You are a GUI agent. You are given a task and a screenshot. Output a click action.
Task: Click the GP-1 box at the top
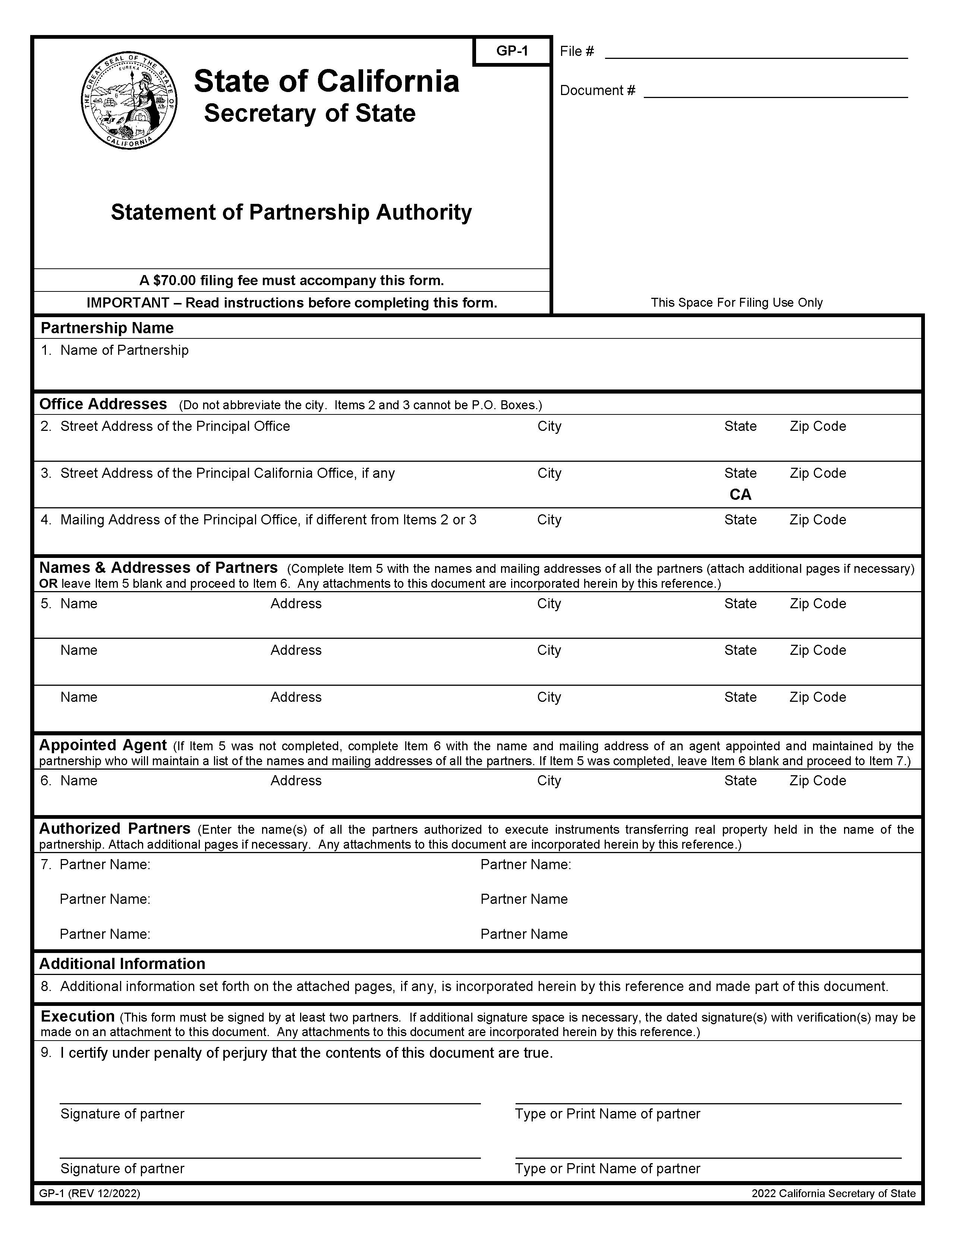coord(511,51)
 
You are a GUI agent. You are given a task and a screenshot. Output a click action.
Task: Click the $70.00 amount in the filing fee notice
coord(174,280)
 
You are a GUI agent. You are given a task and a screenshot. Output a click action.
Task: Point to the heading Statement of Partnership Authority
coord(291,212)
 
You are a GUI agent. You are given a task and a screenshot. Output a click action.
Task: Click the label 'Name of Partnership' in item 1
coord(125,350)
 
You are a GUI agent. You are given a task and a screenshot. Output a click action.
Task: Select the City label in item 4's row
coord(549,520)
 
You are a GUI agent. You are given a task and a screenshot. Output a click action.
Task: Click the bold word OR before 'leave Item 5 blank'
coord(48,583)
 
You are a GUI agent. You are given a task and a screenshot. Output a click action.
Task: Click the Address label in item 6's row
coord(296,780)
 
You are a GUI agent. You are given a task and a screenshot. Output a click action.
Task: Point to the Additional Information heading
coord(122,963)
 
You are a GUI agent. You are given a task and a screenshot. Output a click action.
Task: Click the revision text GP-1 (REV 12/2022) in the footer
coord(89,1193)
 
